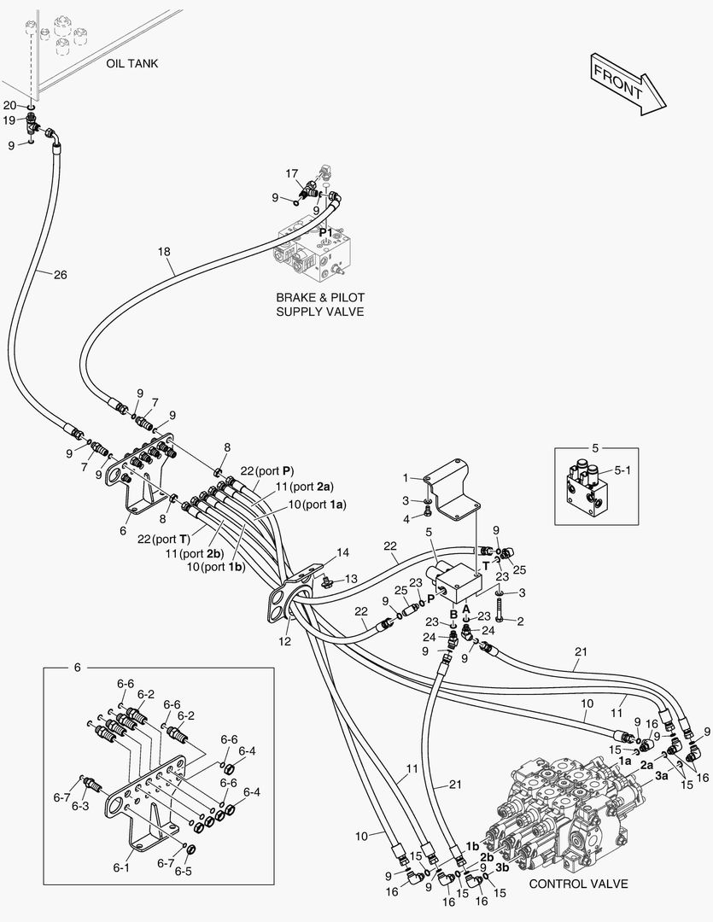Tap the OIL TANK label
coord(132,64)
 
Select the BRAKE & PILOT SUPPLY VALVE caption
coord(319,304)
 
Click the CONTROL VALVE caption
coord(578,884)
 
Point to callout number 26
coord(60,275)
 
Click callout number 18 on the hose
coord(165,252)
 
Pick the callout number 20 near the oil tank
coord(9,105)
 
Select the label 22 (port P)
coord(266,470)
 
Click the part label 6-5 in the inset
coord(184,872)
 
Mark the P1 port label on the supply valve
coord(324,232)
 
